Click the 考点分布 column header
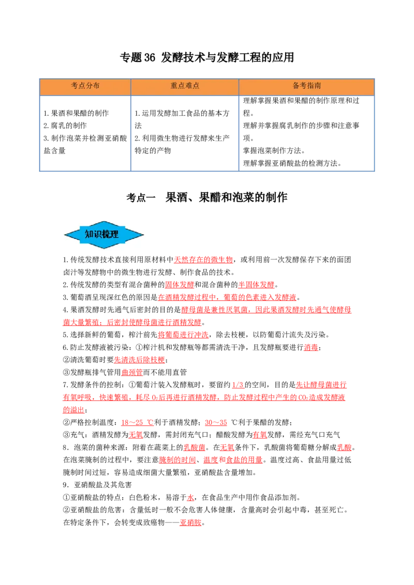[x=85, y=86]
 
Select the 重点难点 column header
[x=185, y=86]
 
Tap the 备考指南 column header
[x=306, y=86]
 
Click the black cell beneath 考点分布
[x=85, y=134]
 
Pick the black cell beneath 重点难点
[x=184, y=134]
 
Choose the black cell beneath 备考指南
[x=306, y=134]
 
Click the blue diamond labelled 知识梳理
[x=104, y=235]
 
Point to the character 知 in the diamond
[x=89, y=235]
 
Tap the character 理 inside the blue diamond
[x=114, y=235]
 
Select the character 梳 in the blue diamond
[x=106, y=235]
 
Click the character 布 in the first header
[x=96, y=86]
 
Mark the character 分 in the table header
[x=89, y=86]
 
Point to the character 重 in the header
[x=174, y=86]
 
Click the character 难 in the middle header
[x=189, y=86]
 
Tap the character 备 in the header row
[x=296, y=86]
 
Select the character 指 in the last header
[x=310, y=86]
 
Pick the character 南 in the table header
[x=317, y=86]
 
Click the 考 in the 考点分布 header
[x=75, y=86]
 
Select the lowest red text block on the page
[x=190, y=523]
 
